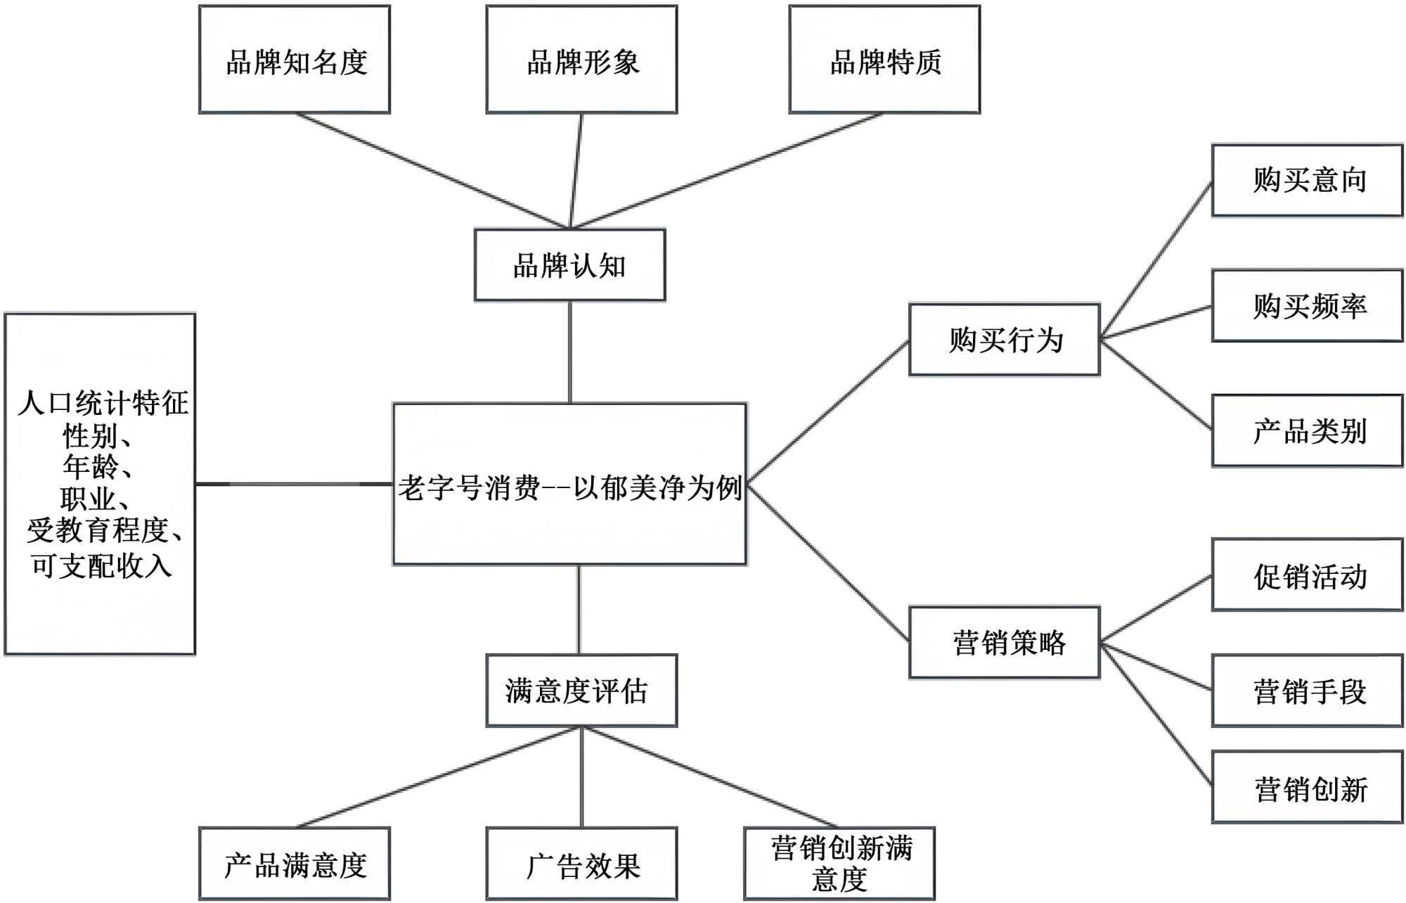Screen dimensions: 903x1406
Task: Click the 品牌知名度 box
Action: click(295, 60)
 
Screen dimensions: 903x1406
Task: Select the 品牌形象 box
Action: click(581, 60)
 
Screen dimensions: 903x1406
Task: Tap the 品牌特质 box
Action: click(884, 60)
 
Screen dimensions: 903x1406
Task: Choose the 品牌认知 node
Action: click(569, 265)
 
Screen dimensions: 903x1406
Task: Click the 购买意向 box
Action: click(1307, 181)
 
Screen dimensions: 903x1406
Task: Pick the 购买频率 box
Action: click(1307, 306)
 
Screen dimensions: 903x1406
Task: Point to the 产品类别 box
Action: click(1307, 431)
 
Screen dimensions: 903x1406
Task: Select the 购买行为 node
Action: click(1005, 340)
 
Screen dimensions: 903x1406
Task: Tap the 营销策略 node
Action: click(1005, 643)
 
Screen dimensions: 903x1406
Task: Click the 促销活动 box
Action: click(1307, 575)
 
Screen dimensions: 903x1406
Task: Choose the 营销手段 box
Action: click(1307, 691)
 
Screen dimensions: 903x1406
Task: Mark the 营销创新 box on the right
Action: click(1307, 788)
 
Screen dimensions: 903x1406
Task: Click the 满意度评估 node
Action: click(581, 691)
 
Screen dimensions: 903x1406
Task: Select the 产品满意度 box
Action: click(295, 864)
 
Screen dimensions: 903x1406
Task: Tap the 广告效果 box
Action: click(581, 864)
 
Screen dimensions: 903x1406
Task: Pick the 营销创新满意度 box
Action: click(839, 864)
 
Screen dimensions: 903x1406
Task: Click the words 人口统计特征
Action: click(103, 403)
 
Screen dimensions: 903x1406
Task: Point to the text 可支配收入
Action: click(101, 566)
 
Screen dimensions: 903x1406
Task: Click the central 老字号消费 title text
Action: click(569, 487)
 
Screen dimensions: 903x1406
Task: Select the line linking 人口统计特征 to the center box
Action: click(294, 484)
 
